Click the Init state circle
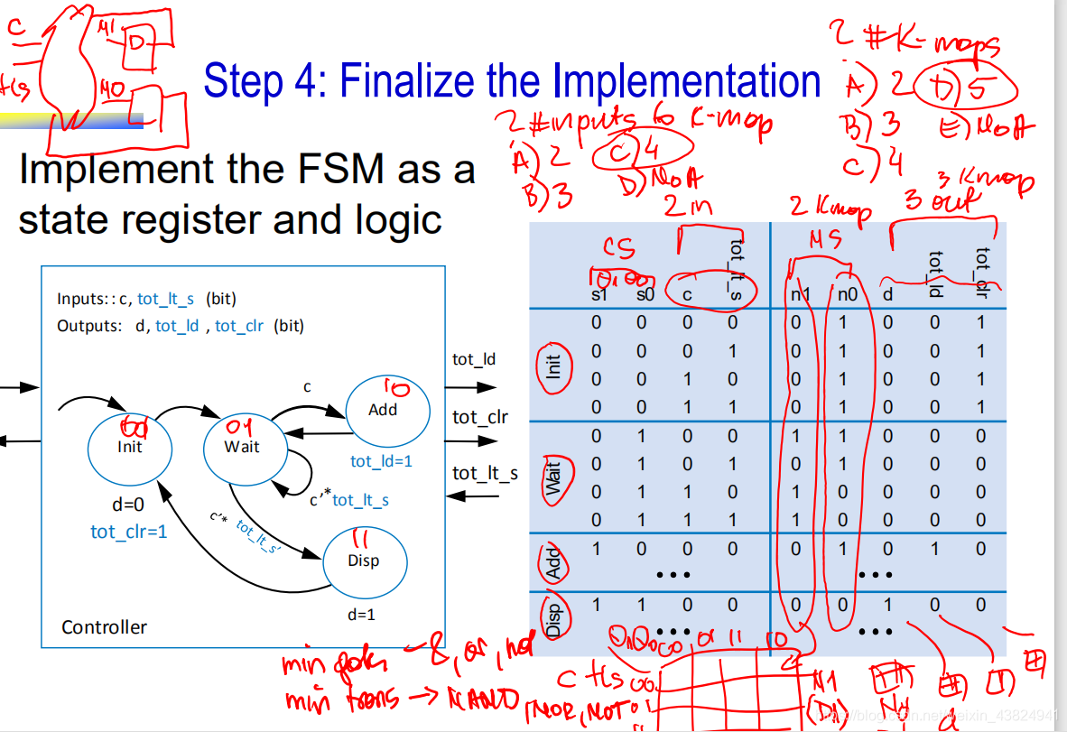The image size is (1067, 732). click(129, 446)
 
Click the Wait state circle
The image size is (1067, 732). click(241, 446)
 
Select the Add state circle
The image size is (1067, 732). click(383, 409)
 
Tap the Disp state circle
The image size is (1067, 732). click(363, 560)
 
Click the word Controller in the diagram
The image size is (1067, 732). click(104, 626)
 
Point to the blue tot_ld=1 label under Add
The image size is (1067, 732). click(381, 461)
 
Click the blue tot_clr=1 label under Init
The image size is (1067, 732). click(128, 532)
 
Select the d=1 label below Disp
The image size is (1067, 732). click(361, 615)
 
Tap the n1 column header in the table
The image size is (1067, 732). click(794, 292)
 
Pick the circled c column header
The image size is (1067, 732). click(687, 292)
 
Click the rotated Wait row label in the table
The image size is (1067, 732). click(553, 477)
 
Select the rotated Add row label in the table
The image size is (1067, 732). click(553, 564)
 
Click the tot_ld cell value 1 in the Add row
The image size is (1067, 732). click(935, 549)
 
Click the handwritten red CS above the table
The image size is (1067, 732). click(619, 249)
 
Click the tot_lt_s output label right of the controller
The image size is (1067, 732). click(485, 473)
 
